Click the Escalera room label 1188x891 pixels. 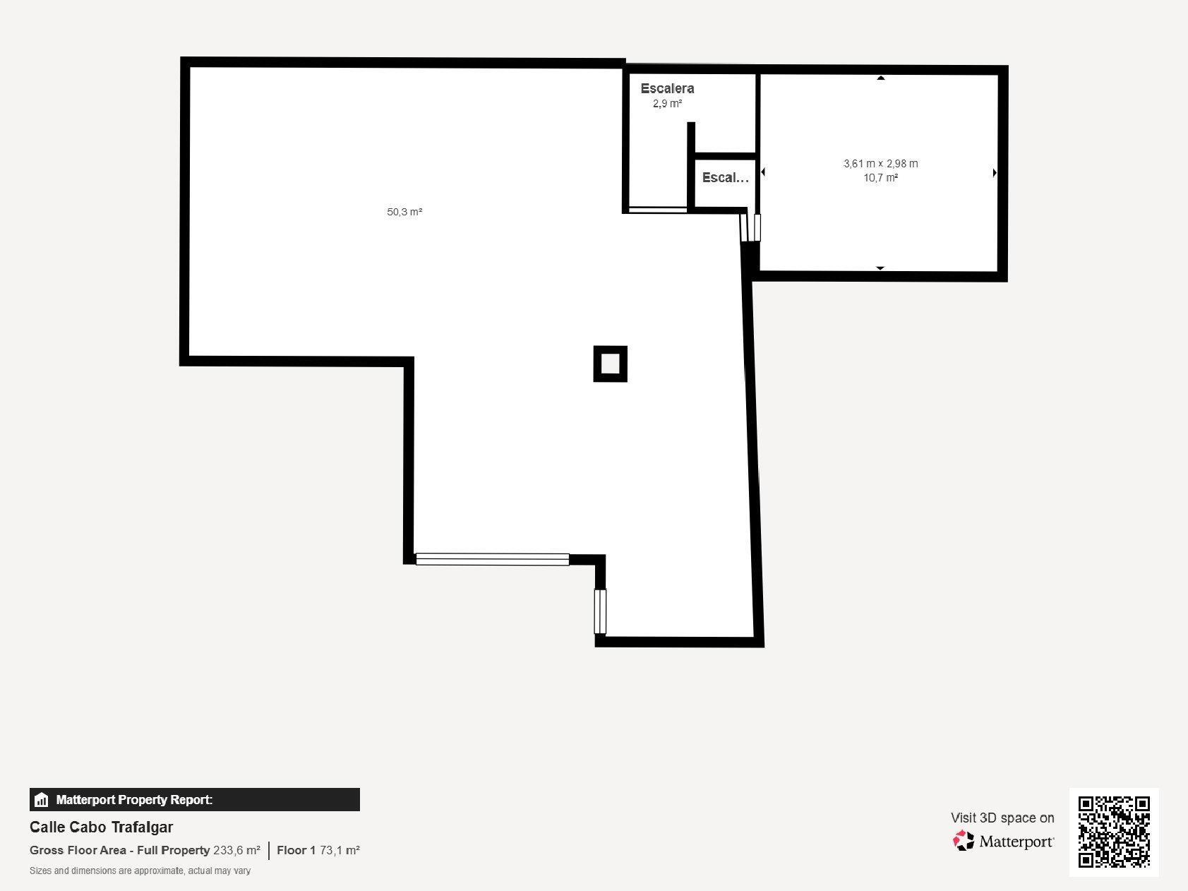[667, 88]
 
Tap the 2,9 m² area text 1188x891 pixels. [667, 104]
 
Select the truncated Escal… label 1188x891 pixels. [725, 178]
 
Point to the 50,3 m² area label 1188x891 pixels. [404, 212]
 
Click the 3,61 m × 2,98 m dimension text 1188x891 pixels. [881, 164]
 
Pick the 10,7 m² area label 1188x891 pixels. [881, 178]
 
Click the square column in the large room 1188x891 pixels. [611, 364]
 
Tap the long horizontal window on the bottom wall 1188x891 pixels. [493, 559]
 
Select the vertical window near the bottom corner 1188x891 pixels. [600, 611]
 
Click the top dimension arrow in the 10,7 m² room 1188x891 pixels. [881, 78]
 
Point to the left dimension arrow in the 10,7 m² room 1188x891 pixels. [763, 172]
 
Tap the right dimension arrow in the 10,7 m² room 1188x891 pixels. [995, 172]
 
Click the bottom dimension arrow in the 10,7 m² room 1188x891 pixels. [880, 268]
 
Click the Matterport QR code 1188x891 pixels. [1114, 832]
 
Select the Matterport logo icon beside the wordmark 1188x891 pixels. [964, 841]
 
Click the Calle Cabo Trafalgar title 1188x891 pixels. [102, 827]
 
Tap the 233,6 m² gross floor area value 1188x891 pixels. [236, 850]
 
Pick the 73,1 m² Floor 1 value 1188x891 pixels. [340, 850]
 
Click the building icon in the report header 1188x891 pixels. [42, 800]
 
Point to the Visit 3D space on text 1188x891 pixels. [1002, 818]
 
